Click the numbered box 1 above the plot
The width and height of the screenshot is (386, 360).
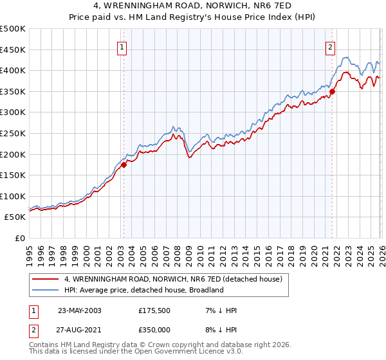click(122, 46)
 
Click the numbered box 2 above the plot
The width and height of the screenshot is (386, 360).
click(330, 46)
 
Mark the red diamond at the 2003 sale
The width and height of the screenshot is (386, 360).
click(124, 165)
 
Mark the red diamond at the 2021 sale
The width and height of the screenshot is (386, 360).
click(333, 91)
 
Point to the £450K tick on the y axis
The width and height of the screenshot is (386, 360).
click(13, 50)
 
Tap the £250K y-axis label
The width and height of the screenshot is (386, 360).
click(13, 133)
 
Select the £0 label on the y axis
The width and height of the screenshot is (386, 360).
click(19, 238)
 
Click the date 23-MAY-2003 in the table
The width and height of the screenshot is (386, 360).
click(79, 310)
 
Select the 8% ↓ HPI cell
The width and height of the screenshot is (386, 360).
click(219, 331)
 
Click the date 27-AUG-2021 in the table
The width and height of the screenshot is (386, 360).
click(79, 331)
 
